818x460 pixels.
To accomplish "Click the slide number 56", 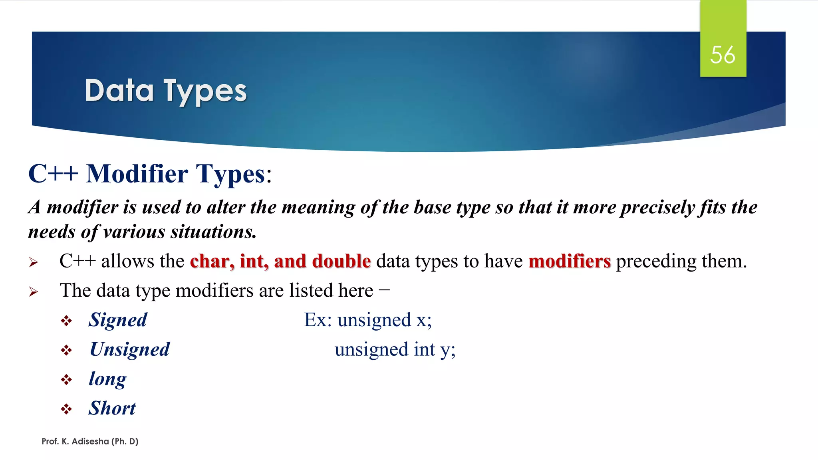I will coord(723,55).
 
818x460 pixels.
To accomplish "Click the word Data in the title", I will coord(119,91).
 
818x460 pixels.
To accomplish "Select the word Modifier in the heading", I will coord(137,174).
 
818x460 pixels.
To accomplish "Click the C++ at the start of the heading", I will coord(53,174).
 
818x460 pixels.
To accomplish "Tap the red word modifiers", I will coord(570,261).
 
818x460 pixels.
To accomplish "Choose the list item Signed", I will coord(118,320).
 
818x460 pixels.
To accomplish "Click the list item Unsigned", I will coord(130,349).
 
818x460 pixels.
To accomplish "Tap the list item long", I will coord(107,379).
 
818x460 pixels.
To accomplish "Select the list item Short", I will coord(112,408).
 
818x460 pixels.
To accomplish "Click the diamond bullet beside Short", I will coord(66,409).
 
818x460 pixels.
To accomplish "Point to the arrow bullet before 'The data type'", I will coord(34,292).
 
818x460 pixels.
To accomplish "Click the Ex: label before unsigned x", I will coord(318,320).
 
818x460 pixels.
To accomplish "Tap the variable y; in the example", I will coord(448,350).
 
